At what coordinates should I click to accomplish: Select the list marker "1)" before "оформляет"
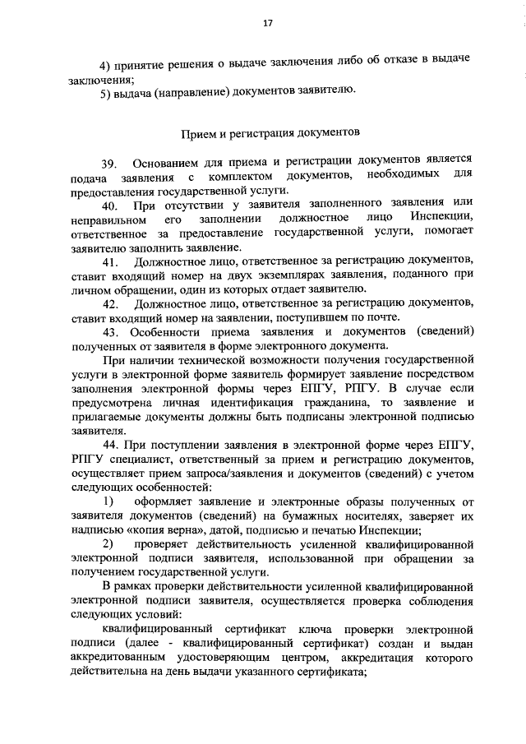coord(108,501)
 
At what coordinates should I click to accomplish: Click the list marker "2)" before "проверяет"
coord(108,544)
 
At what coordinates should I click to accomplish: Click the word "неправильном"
coord(110,219)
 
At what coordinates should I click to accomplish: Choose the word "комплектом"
coord(239,177)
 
